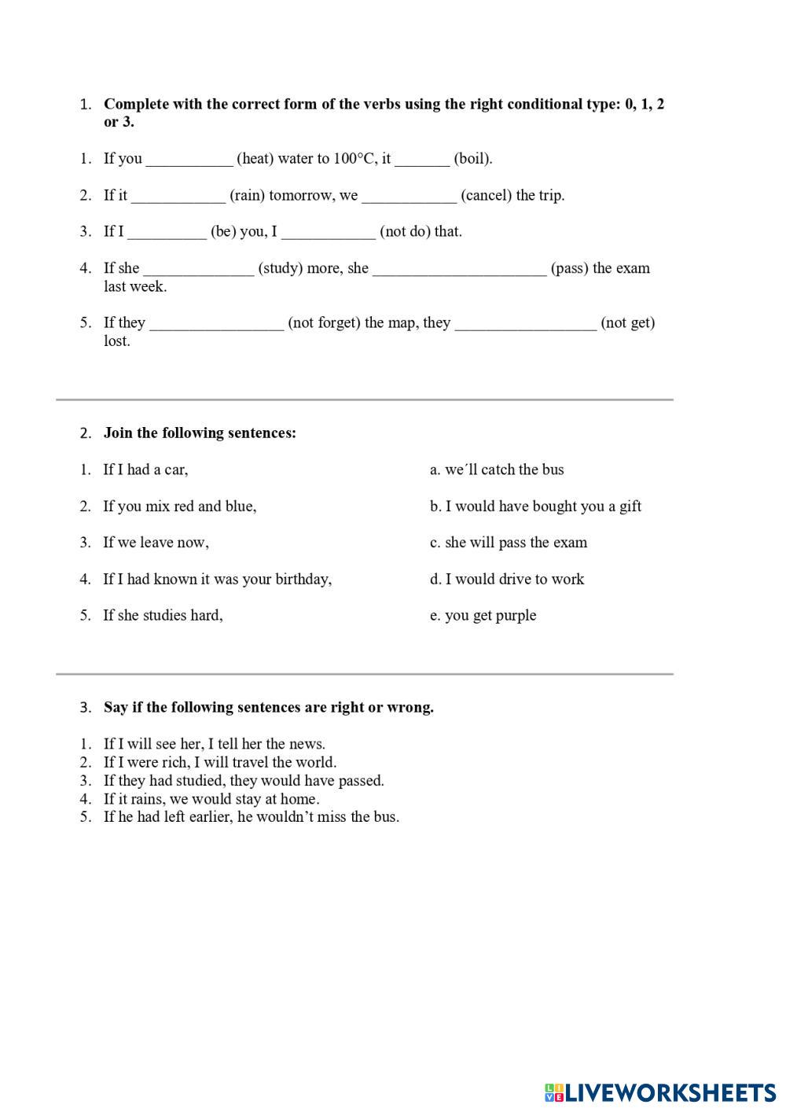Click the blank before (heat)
tap(189, 160)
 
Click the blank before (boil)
tap(422, 160)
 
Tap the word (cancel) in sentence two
tap(487, 195)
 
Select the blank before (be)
tap(167, 233)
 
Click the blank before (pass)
tap(459, 270)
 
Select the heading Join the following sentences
tap(200, 433)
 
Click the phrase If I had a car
tap(145, 469)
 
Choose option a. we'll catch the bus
tap(497, 469)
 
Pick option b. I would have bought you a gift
tap(535, 506)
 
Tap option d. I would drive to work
tap(507, 580)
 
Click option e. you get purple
tap(483, 616)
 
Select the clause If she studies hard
tap(163, 616)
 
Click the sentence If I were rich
tap(219, 762)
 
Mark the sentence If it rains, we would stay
tap(211, 799)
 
